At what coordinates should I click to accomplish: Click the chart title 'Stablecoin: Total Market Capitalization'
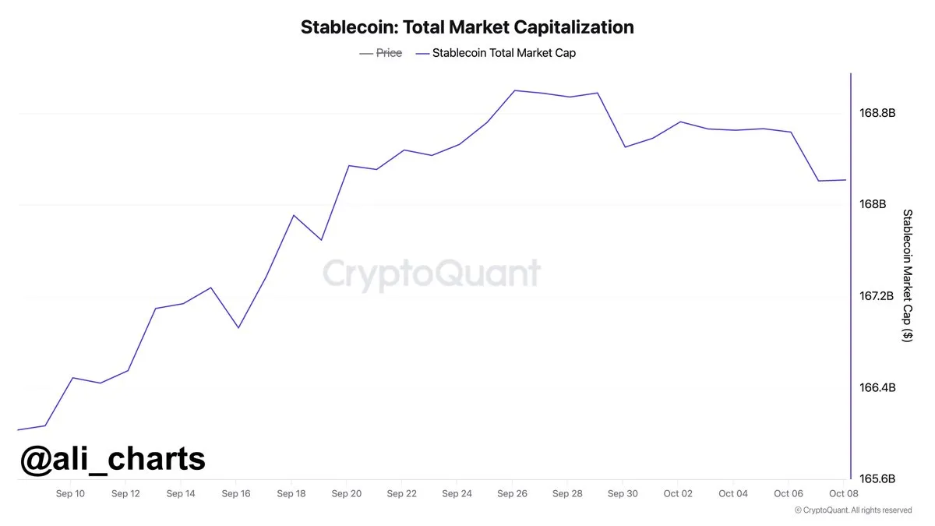[x=467, y=27]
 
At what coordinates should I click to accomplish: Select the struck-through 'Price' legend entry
[x=389, y=53]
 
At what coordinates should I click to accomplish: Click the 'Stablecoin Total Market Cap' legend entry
[x=503, y=53]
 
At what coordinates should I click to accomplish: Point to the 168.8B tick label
[x=877, y=113]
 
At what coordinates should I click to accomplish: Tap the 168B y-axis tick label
[x=873, y=204]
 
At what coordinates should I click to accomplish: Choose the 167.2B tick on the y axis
[x=877, y=296]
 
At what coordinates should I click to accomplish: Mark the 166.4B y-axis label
[x=877, y=387]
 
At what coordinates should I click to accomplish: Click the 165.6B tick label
[x=877, y=478]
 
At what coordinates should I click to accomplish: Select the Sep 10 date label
[x=70, y=493]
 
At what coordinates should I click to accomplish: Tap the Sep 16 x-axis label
[x=235, y=493]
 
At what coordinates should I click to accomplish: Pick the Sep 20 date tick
[x=346, y=493]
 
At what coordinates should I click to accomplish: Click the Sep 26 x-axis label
[x=511, y=493]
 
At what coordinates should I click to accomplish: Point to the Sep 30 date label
[x=622, y=493]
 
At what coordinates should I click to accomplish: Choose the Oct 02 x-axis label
[x=677, y=493]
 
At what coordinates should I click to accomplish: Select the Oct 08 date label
[x=843, y=493]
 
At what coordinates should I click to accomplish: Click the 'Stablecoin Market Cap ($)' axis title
[x=907, y=275]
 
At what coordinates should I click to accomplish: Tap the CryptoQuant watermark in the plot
[x=431, y=274]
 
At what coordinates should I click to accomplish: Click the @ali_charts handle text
[x=112, y=459]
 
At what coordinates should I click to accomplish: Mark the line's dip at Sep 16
[x=238, y=327]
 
